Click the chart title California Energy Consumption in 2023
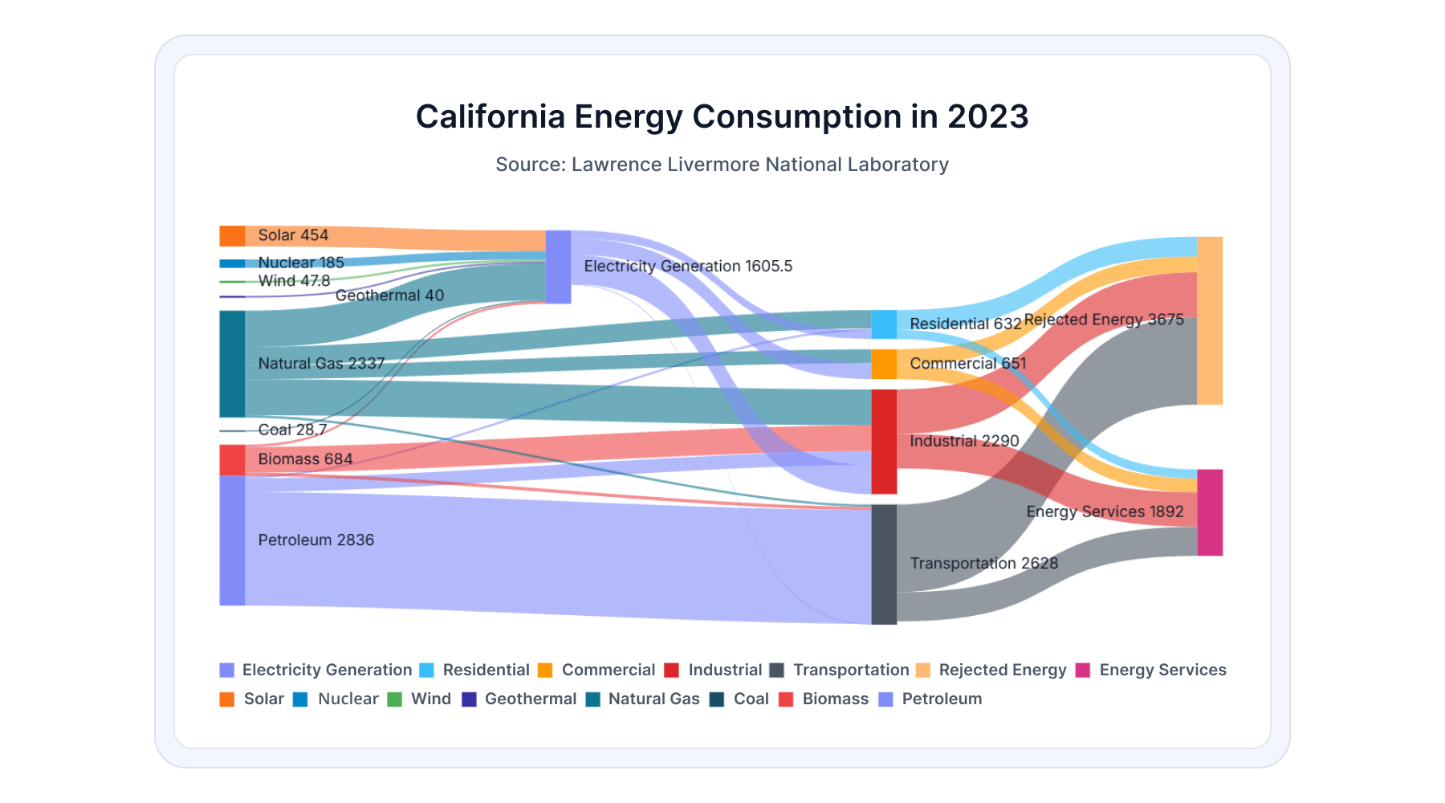[x=722, y=116]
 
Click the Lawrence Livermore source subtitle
[x=722, y=165]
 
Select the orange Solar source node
[x=232, y=236]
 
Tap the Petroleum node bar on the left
[x=232, y=540]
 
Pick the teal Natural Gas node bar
[x=232, y=364]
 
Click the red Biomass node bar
[x=232, y=460]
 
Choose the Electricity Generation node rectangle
[x=558, y=267]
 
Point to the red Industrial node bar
[x=884, y=442]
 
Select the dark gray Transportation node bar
[x=884, y=565]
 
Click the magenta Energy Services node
[x=1210, y=512]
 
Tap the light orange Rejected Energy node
[x=1210, y=320]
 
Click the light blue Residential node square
[x=884, y=324]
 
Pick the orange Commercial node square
[x=884, y=364]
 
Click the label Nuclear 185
[x=301, y=263]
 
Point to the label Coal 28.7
[x=292, y=430]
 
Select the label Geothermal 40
[x=389, y=296]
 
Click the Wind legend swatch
[x=395, y=699]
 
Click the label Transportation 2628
[x=983, y=564]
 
